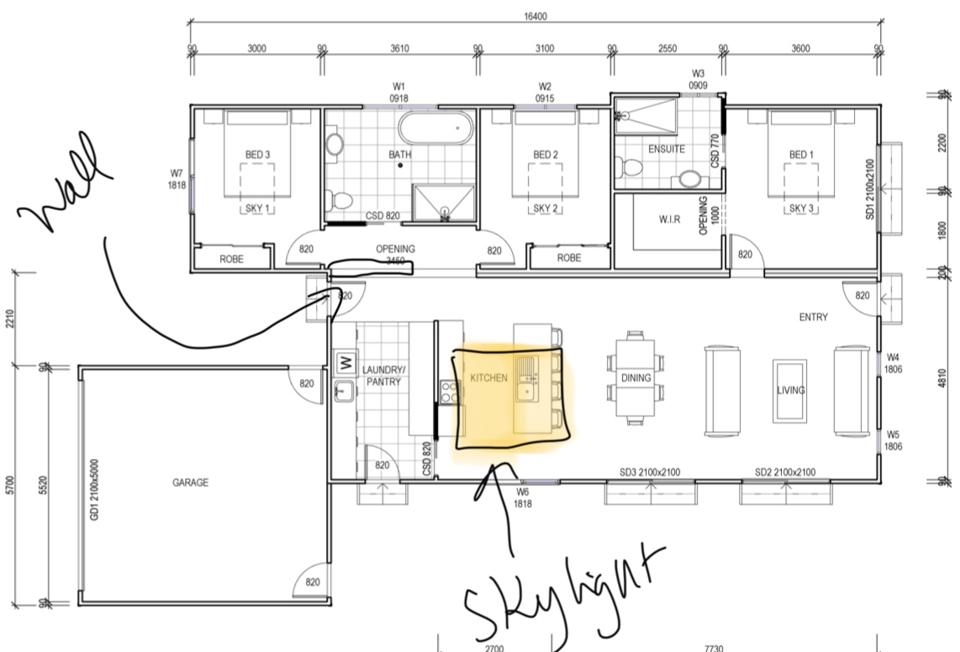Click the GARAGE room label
190,482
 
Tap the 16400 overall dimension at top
535,17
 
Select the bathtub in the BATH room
436,128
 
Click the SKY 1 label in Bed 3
257,208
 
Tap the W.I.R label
669,219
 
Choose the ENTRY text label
813,317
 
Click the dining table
636,378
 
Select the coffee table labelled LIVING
790,391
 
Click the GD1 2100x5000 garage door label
93,490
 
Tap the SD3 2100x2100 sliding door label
650,472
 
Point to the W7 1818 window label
177,179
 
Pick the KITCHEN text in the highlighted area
488,378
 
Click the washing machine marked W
345,362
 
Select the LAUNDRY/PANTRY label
383,376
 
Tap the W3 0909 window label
698,80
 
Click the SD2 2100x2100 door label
785,472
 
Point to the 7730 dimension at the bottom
713,648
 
